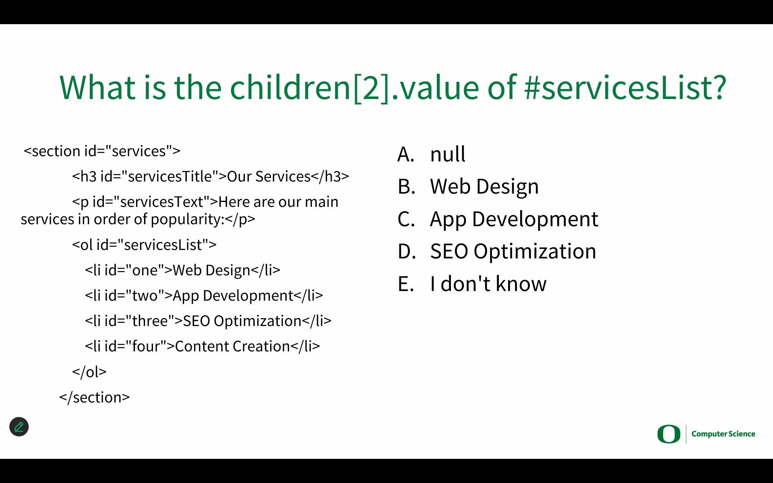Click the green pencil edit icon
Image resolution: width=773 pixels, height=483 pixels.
click(19, 427)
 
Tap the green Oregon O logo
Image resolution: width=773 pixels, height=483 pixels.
click(669, 434)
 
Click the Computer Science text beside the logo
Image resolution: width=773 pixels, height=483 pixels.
click(723, 434)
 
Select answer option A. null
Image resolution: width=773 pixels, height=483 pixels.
click(431, 154)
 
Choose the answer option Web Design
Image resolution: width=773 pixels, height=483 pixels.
click(468, 186)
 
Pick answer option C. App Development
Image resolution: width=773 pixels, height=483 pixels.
click(498, 219)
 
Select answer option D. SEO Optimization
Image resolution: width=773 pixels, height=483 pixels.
click(496, 251)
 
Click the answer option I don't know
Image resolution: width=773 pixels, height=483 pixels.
click(472, 283)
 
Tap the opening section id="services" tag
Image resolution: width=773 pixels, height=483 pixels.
click(102, 151)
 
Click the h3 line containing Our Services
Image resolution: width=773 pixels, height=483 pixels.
click(211, 176)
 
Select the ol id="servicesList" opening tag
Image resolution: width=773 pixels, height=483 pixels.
click(144, 245)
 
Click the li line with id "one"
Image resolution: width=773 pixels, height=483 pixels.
click(182, 270)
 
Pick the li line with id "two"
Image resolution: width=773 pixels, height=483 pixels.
click(204, 295)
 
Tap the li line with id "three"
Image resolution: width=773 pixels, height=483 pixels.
click(208, 321)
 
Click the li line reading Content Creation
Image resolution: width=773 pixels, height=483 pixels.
click(202, 346)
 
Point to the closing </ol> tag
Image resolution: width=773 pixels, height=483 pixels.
click(89, 372)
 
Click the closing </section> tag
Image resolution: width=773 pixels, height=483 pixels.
click(95, 397)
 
